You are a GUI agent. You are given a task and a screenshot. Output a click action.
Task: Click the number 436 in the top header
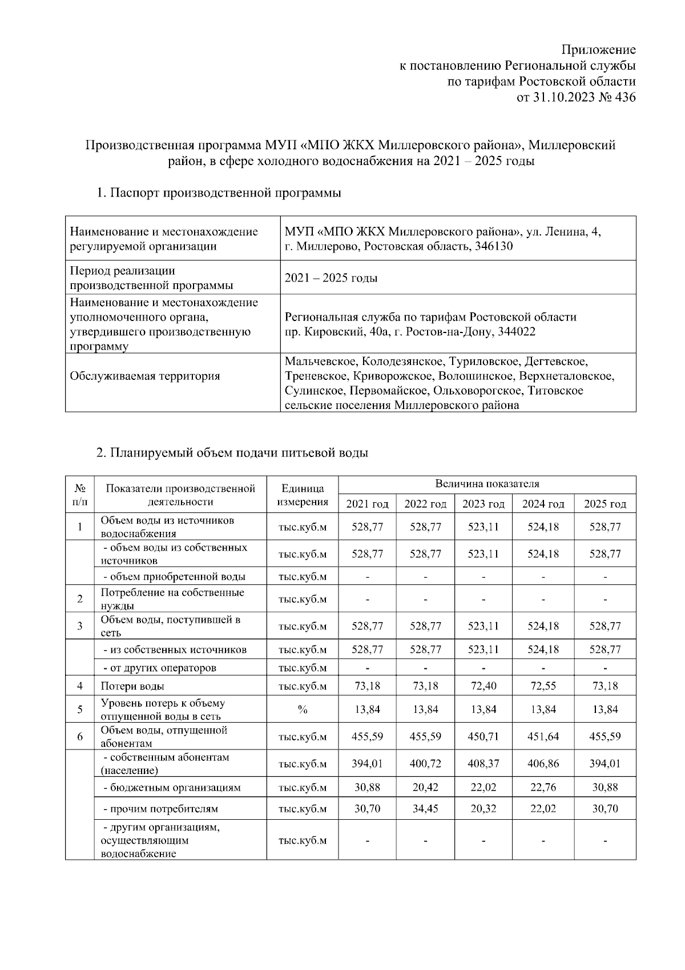point(625,97)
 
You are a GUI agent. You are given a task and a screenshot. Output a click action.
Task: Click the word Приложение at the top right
point(599,50)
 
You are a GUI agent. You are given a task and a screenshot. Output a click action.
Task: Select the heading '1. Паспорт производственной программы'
point(219,193)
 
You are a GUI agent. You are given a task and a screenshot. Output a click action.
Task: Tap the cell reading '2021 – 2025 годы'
point(331,278)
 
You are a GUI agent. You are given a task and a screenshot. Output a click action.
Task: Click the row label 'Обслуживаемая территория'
point(144,376)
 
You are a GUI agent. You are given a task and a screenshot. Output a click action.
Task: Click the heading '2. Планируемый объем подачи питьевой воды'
point(232,452)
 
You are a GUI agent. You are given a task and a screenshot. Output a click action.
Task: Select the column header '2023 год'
point(483,504)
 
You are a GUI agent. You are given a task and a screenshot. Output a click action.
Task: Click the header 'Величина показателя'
point(487,484)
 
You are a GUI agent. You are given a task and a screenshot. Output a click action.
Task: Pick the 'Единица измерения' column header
point(303,495)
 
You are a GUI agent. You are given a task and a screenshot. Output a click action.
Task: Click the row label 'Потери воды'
point(132,686)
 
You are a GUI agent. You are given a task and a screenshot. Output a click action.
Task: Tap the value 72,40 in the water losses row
point(483,686)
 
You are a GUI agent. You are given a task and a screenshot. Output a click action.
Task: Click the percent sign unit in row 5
point(303,710)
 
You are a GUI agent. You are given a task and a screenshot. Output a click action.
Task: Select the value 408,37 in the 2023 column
point(483,763)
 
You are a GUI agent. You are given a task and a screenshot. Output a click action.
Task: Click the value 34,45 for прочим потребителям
point(425,808)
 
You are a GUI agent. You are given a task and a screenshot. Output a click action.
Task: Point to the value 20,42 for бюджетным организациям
point(425,787)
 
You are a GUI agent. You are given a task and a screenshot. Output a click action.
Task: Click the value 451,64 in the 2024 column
point(543,736)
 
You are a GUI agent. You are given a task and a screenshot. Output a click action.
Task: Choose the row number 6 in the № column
point(80,736)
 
